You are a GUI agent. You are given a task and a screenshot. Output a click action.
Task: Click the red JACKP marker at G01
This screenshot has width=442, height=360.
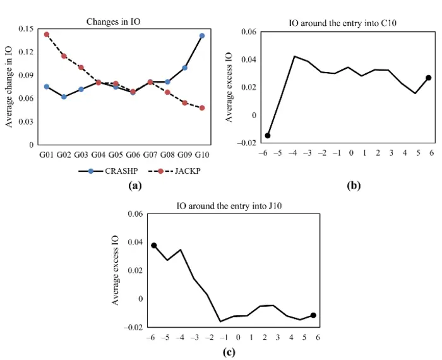coord(47,34)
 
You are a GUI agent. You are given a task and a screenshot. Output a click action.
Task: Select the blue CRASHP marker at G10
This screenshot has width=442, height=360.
coord(202,36)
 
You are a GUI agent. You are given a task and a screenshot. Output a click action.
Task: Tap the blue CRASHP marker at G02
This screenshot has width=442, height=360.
coord(64,97)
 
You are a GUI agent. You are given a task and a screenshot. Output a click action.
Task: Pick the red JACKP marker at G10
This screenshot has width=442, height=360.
coord(202,108)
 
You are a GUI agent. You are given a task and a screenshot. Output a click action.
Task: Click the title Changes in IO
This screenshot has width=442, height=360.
coord(114,21)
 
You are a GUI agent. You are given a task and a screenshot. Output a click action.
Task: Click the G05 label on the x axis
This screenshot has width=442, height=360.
coord(116,154)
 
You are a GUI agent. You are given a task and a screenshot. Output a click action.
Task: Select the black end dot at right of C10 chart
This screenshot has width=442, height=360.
coord(428,78)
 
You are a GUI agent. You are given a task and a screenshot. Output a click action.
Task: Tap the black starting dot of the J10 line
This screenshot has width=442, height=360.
coord(154,245)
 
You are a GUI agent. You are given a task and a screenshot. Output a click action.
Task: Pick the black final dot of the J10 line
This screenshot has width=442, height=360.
coord(313,315)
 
